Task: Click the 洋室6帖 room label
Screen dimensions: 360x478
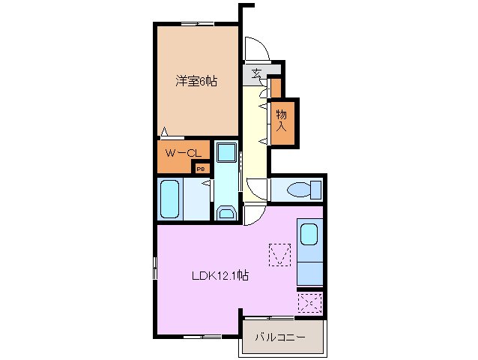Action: tap(197, 82)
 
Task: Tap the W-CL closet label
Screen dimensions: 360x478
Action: tap(182, 154)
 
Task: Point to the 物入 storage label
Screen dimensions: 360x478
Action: tap(282, 121)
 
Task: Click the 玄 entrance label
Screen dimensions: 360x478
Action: tap(257, 73)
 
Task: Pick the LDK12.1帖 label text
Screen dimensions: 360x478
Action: tap(219, 276)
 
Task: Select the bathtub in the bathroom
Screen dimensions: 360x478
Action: tap(170, 199)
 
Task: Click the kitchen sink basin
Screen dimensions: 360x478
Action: tap(309, 235)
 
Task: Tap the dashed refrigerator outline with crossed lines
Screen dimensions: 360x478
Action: tap(309, 303)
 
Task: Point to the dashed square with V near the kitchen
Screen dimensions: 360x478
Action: tap(279, 255)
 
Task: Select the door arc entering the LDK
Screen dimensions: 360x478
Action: tap(253, 214)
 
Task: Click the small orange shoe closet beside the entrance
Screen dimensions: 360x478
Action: tap(276, 88)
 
